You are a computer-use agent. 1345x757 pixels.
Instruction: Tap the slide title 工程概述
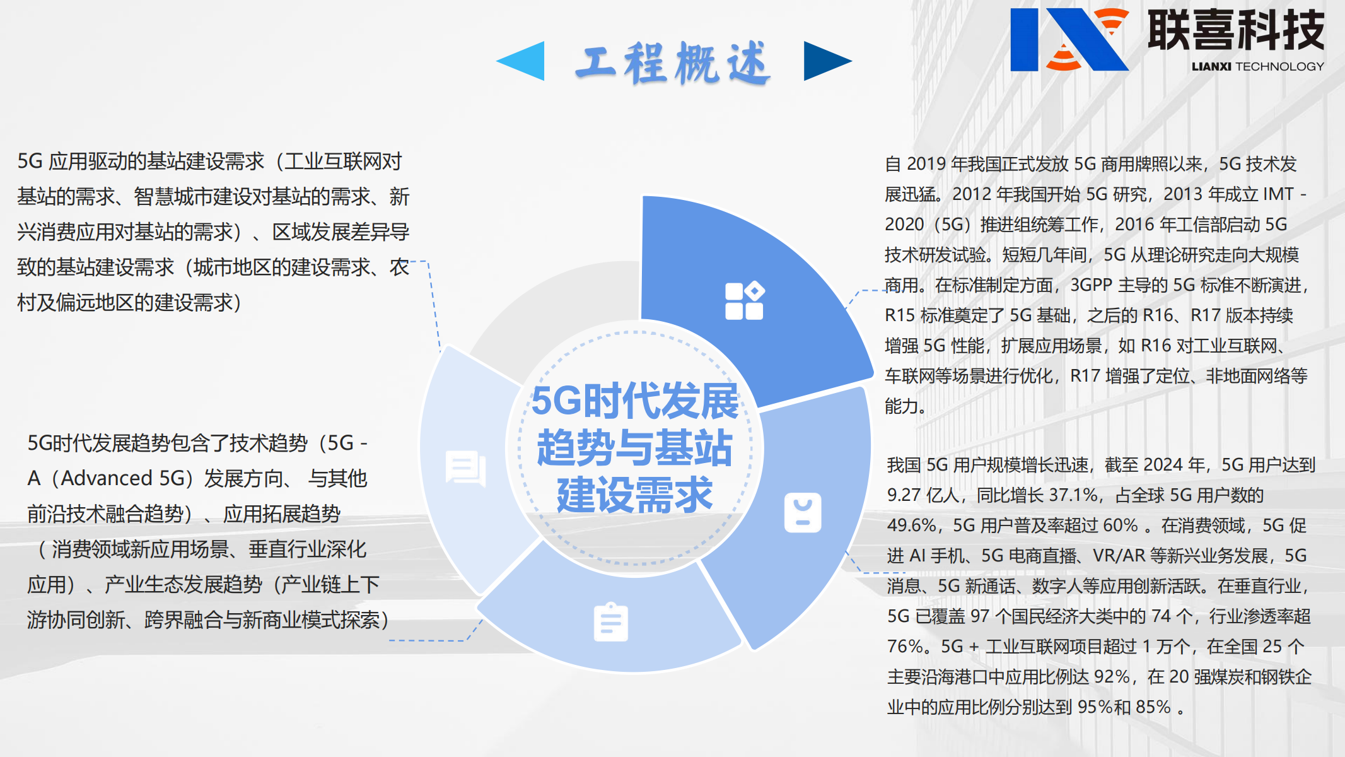(x=673, y=63)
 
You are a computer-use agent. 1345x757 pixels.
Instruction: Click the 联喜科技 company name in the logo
(x=1235, y=30)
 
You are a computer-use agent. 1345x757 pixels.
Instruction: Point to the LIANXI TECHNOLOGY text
(x=1257, y=66)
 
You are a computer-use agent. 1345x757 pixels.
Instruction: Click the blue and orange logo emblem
(x=1068, y=39)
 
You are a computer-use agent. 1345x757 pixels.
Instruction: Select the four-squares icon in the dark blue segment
(x=745, y=301)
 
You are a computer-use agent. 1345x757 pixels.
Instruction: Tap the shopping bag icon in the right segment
(x=803, y=512)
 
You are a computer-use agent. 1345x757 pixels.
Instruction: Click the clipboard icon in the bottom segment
(x=610, y=622)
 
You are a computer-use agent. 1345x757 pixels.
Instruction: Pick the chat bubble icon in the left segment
(x=465, y=469)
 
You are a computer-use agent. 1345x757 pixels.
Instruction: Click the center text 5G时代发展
(x=634, y=401)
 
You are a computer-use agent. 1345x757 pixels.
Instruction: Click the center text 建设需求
(x=634, y=495)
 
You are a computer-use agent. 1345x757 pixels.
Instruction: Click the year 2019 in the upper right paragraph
(x=926, y=164)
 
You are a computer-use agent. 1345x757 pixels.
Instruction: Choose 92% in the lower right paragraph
(x=1112, y=677)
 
